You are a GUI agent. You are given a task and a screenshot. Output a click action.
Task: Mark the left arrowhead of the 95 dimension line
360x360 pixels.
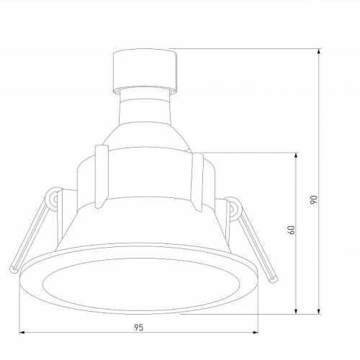pos(21,333)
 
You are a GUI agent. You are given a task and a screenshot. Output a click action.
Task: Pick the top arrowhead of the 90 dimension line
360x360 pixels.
pos(319,51)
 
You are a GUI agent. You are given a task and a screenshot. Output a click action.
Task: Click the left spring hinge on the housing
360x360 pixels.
pos(55,199)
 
